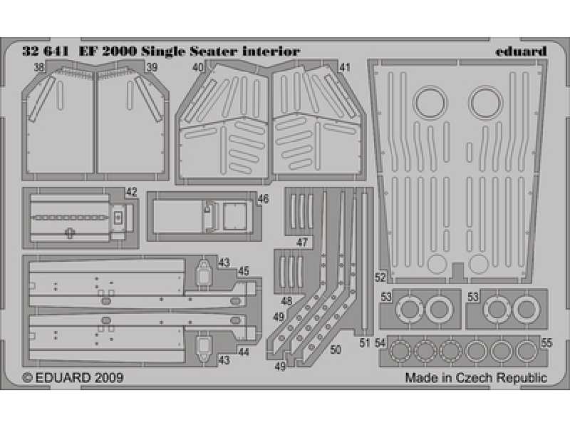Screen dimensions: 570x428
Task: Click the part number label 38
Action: tap(39, 67)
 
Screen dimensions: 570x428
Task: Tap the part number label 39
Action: tap(152, 67)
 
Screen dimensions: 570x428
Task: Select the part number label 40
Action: tap(198, 67)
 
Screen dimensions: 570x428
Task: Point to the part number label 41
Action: tap(345, 67)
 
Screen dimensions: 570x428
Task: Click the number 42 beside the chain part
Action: tap(131, 192)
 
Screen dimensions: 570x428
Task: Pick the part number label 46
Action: tap(263, 199)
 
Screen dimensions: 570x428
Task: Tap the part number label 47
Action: tap(301, 242)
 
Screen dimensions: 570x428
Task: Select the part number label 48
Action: tap(286, 301)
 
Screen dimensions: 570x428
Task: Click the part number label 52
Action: tap(380, 277)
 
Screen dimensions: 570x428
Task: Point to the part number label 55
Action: tap(546, 343)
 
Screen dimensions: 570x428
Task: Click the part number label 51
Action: tap(365, 343)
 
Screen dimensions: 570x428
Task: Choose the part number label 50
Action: tap(336, 350)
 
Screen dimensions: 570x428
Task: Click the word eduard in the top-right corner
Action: tap(521, 51)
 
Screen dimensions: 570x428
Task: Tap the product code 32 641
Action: tap(46, 51)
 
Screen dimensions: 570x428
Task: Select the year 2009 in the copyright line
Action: tap(109, 377)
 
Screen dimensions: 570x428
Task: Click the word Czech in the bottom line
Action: tap(475, 377)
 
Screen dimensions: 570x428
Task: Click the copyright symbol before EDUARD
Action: tap(27, 378)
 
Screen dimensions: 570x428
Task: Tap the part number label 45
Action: tap(244, 271)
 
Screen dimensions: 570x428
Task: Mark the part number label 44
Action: tap(244, 352)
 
